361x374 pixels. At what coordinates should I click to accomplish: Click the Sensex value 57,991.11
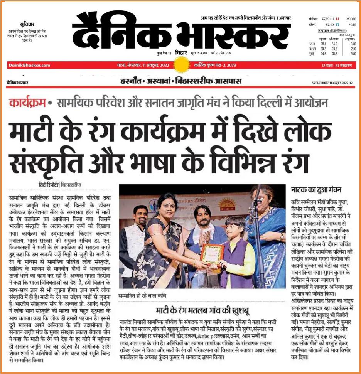click(x=327, y=18)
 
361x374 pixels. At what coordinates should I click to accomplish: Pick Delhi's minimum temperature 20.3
click(x=323, y=49)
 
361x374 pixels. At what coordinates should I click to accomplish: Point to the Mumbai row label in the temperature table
click(x=308, y=53)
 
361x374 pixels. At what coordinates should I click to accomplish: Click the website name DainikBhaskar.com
click(x=29, y=66)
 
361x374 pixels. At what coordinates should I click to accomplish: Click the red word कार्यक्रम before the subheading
click(x=29, y=104)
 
